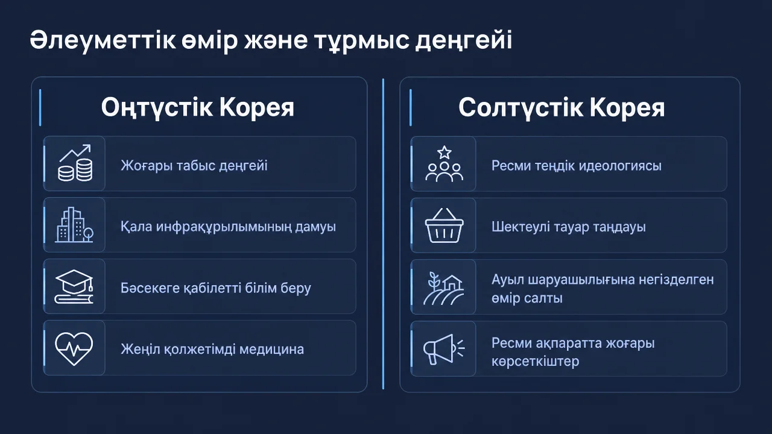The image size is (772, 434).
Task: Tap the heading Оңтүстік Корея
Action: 197,108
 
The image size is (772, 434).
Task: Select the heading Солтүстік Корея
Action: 562,108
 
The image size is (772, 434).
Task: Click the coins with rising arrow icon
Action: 75,163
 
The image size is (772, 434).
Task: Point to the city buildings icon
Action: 74,225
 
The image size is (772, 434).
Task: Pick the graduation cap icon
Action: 74,286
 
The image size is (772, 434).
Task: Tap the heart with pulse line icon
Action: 74,348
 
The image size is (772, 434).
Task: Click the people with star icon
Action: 445,163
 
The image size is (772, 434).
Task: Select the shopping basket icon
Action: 445,225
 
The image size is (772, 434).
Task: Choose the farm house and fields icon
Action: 443,288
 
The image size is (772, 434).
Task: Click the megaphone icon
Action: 444,349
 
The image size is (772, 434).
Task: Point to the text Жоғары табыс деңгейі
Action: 194,166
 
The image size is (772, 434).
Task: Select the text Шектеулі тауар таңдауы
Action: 569,227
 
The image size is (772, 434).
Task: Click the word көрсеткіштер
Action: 535,361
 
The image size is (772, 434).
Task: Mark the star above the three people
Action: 445,152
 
